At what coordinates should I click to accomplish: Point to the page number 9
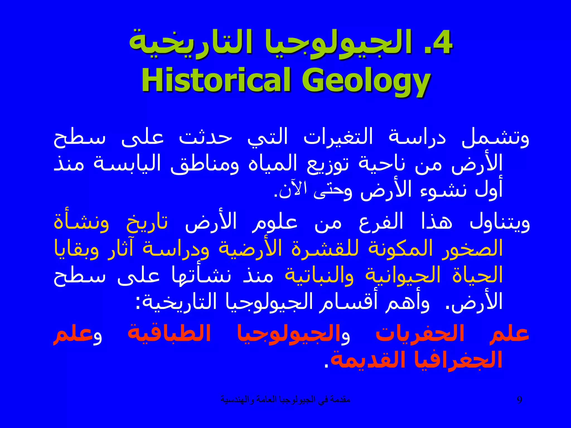[519, 400]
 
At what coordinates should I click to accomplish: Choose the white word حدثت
[205, 138]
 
